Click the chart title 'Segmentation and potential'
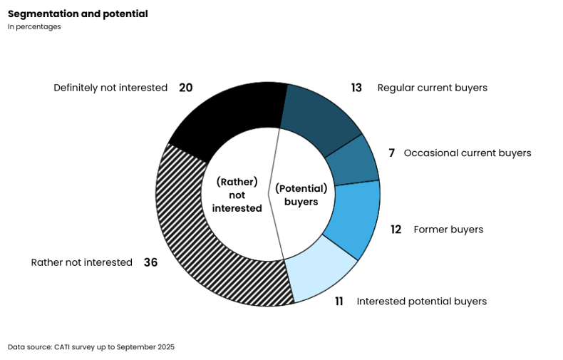(x=78, y=14)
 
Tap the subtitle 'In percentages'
(x=34, y=27)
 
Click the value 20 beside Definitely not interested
(x=185, y=88)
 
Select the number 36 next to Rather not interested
(x=151, y=262)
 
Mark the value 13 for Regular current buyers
(x=356, y=88)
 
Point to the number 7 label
(x=392, y=153)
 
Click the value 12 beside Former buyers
(x=396, y=230)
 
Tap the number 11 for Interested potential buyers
(x=339, y=302)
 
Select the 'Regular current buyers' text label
(x=433, y=88)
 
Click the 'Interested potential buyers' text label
(x=421, y=302)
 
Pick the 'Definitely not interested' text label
(x=110, y=88)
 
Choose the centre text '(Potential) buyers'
(x=301, y=195)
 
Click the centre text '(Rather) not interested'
(x=237, y=195)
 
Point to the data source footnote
(x=91, y=347)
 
